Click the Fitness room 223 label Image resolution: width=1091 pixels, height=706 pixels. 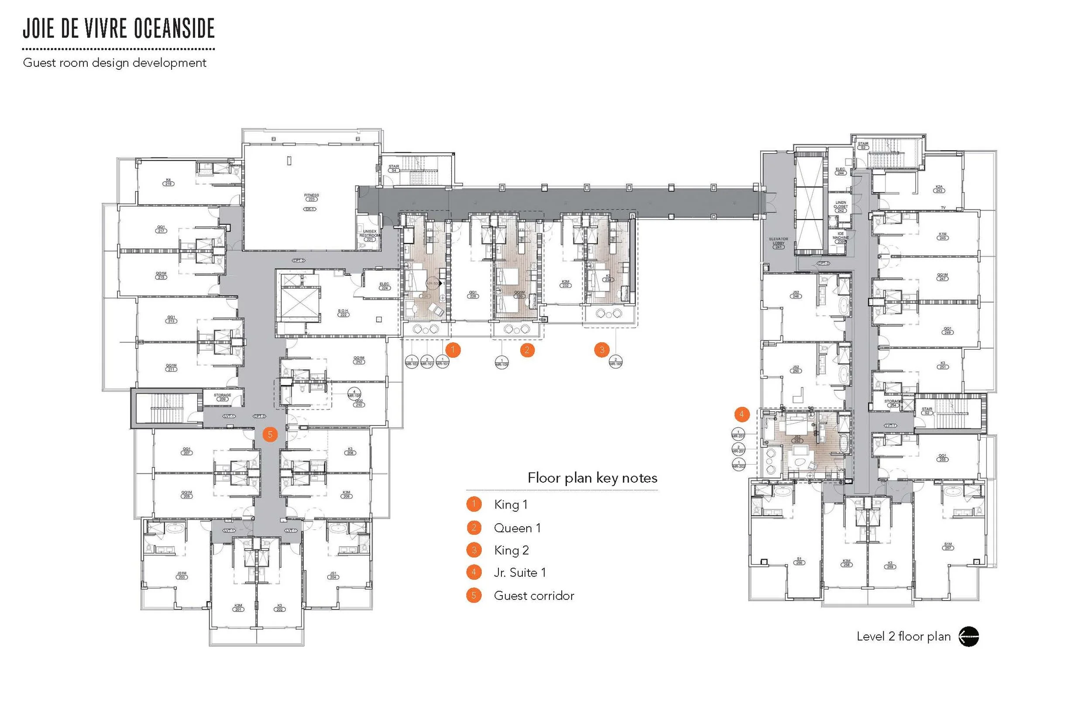pos(311,197)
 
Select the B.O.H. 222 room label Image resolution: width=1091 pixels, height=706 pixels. pos(343,313)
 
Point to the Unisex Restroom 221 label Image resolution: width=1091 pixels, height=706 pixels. pos(370,235)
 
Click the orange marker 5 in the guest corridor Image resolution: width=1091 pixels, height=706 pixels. pos(270,435)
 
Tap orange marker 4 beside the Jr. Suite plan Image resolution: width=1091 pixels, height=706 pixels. pos(742,415)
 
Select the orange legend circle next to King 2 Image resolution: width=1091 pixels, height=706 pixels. pos(474,550)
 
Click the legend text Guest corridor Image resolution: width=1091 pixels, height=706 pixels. pos(534,596)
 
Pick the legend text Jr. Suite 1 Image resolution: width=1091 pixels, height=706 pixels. pos(520,572)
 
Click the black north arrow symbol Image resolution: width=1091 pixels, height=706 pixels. pos(969,636)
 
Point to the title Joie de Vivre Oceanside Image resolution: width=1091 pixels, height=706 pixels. pos(119,28)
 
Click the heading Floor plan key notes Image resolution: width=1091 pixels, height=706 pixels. pos(592,478)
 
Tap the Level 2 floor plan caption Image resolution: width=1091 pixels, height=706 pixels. pos(903,636)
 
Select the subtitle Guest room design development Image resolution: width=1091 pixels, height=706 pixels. pos(115,63)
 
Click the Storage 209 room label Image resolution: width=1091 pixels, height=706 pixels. pos(222,397)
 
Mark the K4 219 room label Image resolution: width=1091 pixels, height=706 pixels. pos(168,182)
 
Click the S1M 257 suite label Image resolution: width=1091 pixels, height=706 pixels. pos(948,546)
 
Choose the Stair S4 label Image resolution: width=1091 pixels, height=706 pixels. pos(394,168)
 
